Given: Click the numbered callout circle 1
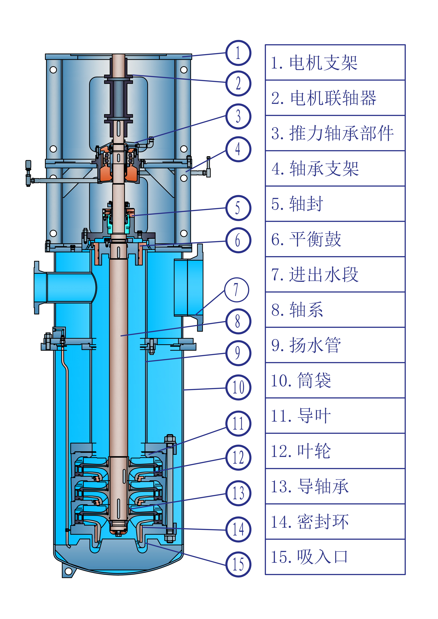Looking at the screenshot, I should (x=238, y=53).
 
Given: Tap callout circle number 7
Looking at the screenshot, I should (x=237, y=290).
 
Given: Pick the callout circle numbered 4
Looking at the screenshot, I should (x=238, y=149).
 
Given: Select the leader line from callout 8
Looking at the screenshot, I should (x=173, y=329).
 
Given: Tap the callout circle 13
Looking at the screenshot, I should (x=238, y=493).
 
